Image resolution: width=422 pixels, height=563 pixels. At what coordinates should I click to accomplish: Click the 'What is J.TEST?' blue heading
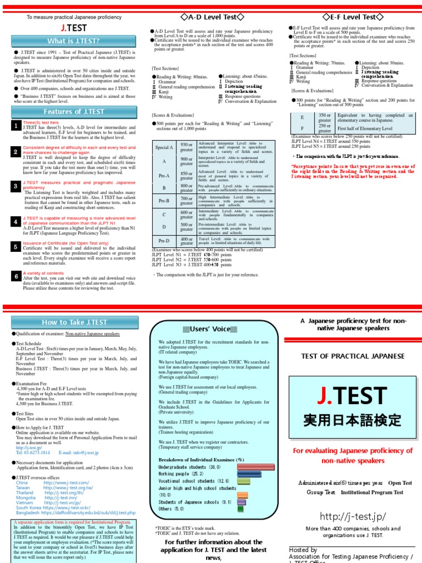[73, 41]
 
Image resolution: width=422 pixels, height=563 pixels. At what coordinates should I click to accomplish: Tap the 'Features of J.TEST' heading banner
[73, 112]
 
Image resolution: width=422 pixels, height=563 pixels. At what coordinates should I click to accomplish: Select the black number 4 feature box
[16, 221]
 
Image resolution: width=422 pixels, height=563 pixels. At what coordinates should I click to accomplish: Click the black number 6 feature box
[16, 275]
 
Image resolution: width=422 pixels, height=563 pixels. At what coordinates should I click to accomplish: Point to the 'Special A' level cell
[164, 147]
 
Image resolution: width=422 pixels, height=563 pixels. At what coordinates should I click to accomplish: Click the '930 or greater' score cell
[187, 147]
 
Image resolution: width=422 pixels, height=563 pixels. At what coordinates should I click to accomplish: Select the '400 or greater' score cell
[187, 241]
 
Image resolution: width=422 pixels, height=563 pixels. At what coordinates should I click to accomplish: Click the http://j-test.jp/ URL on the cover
[352, 516]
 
